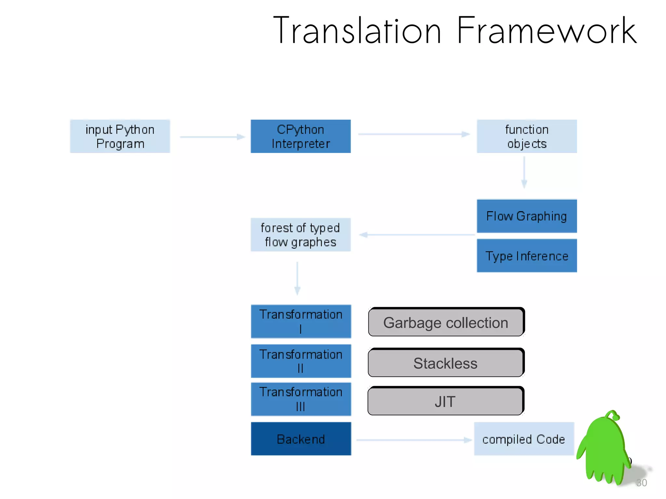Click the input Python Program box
(120, 136)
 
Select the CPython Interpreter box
(300, 136)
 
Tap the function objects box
(526, 136)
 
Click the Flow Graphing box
(526, 216)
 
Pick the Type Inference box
(526, 256)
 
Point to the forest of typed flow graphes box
(300, 235)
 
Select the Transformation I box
(301, 322)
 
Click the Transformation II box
(301, 361)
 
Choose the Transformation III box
(301, 399)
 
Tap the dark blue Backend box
(301, 439)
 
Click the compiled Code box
(524, 439)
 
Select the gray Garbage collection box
(446, 322)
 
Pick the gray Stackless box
(446, 363)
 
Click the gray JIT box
(445, 401)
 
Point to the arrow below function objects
(524, 172)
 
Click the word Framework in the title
(546, 31)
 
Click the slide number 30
(642, 483)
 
